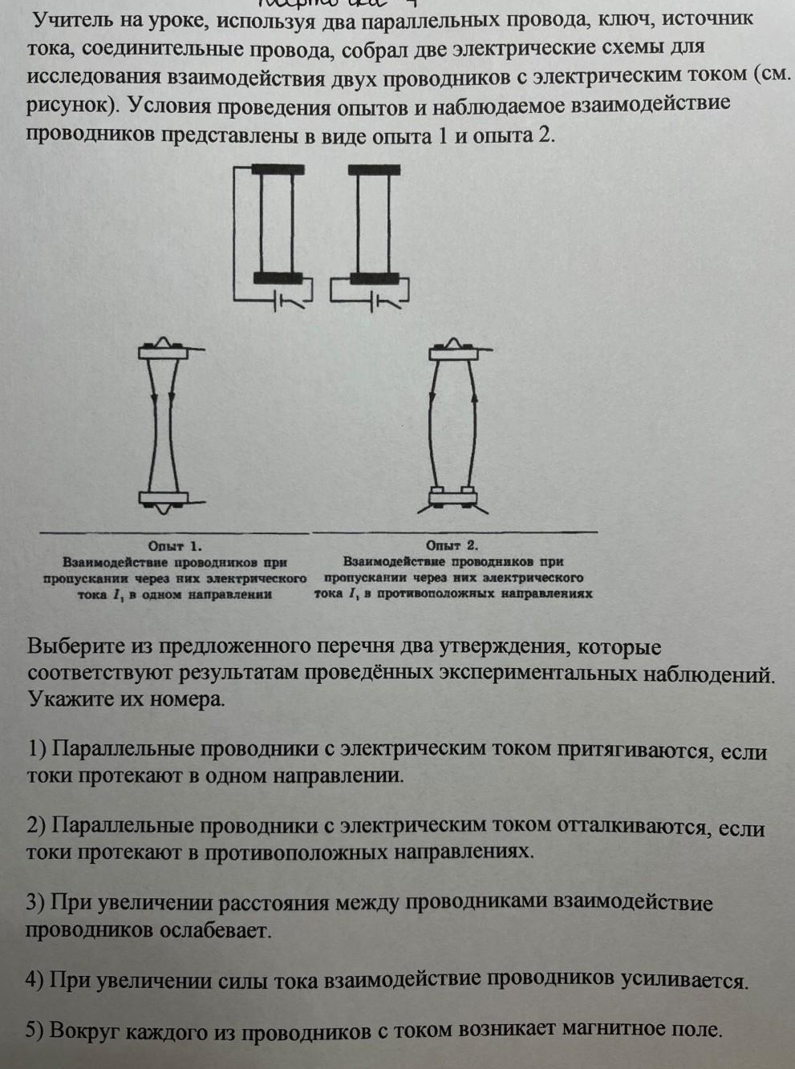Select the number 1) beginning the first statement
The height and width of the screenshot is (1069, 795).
(37, 749)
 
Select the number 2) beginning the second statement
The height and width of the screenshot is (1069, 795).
(37, 825)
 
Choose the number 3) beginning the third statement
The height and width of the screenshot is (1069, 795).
(35, 902)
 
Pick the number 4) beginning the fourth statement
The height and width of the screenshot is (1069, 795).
(34, 979)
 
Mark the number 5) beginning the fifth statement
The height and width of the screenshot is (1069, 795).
(34, 1031)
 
